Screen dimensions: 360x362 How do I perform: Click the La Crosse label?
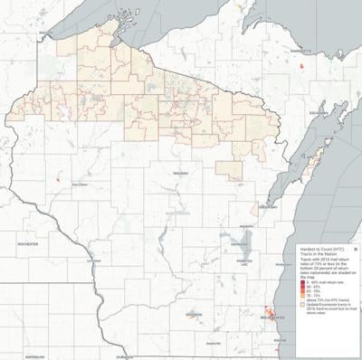[x=94, y=260]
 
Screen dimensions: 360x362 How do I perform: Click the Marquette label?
[x=301, y=51]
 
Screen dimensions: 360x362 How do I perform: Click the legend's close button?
[x=356, y=242]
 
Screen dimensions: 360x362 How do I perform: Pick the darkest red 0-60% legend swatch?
[x=306, y=282]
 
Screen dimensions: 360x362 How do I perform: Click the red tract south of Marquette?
[x=303, y=65]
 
